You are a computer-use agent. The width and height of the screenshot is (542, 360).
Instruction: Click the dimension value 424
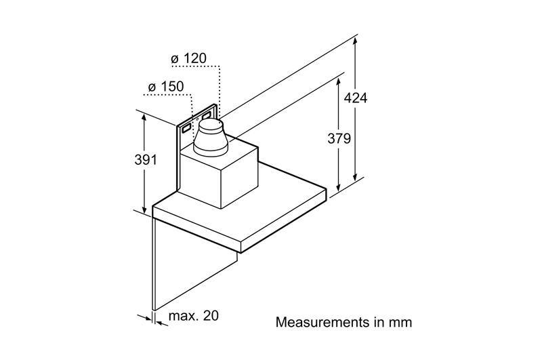point(355,98)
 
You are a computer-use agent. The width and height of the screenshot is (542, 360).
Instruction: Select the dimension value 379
point(339,138)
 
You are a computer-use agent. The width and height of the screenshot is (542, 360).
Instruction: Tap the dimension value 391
point(146,160)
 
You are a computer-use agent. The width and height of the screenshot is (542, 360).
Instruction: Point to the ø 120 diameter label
point(189,58)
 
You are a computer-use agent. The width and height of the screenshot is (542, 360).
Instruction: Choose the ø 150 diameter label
point(166,87)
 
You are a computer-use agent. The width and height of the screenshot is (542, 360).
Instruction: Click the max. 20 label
point(194,316)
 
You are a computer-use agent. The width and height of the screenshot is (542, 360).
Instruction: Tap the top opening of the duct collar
point(211,123)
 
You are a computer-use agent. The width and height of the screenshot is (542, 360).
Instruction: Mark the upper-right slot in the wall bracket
point(207,115)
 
